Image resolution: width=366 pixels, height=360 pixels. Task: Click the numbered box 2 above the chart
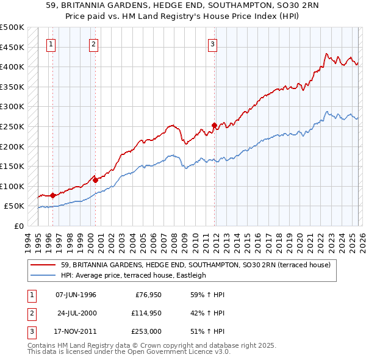[x=93, y=44]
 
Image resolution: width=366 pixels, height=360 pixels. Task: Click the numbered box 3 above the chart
[x=212, y=44]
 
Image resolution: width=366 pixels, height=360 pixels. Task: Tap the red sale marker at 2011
[x=214, y=126]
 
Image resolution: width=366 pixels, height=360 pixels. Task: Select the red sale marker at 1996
[x=52, y=195]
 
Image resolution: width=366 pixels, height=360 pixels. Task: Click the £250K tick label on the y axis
[x=12, y=126]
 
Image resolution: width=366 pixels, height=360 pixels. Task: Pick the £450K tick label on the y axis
[x=12, y=47]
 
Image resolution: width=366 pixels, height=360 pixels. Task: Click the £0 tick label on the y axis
[x=18, y=226]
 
